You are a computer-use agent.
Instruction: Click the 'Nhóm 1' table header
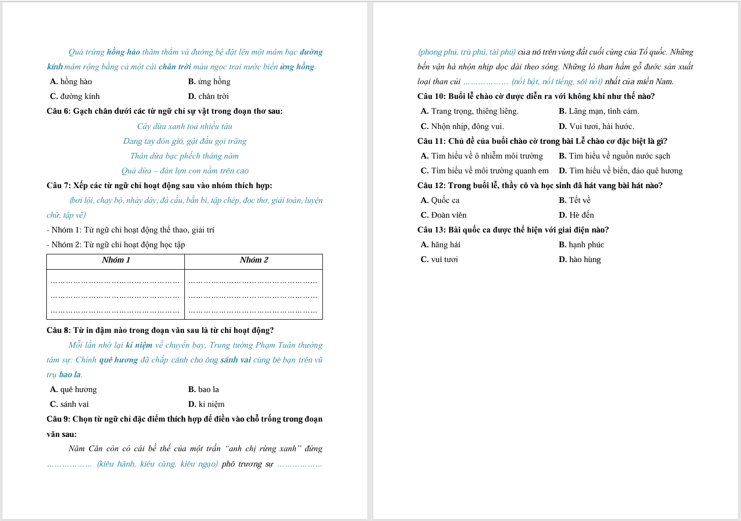[116, 260]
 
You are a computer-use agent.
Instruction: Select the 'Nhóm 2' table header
[254, 260]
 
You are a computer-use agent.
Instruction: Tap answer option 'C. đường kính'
[75, 96]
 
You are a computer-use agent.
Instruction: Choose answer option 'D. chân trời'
[208, 96]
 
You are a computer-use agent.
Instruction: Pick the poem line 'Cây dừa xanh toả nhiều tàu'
[184, 126]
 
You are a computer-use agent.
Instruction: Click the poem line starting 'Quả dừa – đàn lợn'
[184, 171]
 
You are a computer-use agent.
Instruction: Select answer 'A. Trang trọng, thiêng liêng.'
[470, 111]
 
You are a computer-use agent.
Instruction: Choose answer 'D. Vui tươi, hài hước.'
[596, 126]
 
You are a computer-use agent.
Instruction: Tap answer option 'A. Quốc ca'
[440, 200]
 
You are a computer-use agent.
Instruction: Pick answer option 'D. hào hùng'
[580, 259]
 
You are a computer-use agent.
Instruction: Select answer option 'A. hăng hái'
[441, 245]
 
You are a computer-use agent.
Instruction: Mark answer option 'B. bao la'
[204, 389]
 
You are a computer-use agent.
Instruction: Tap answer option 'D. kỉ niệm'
[206, 404]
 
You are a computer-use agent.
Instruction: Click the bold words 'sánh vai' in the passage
[236, 360]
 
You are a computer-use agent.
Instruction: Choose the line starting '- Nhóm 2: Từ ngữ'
[116, 245]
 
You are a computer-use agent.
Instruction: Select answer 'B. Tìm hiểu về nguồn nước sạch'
[614, 156]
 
